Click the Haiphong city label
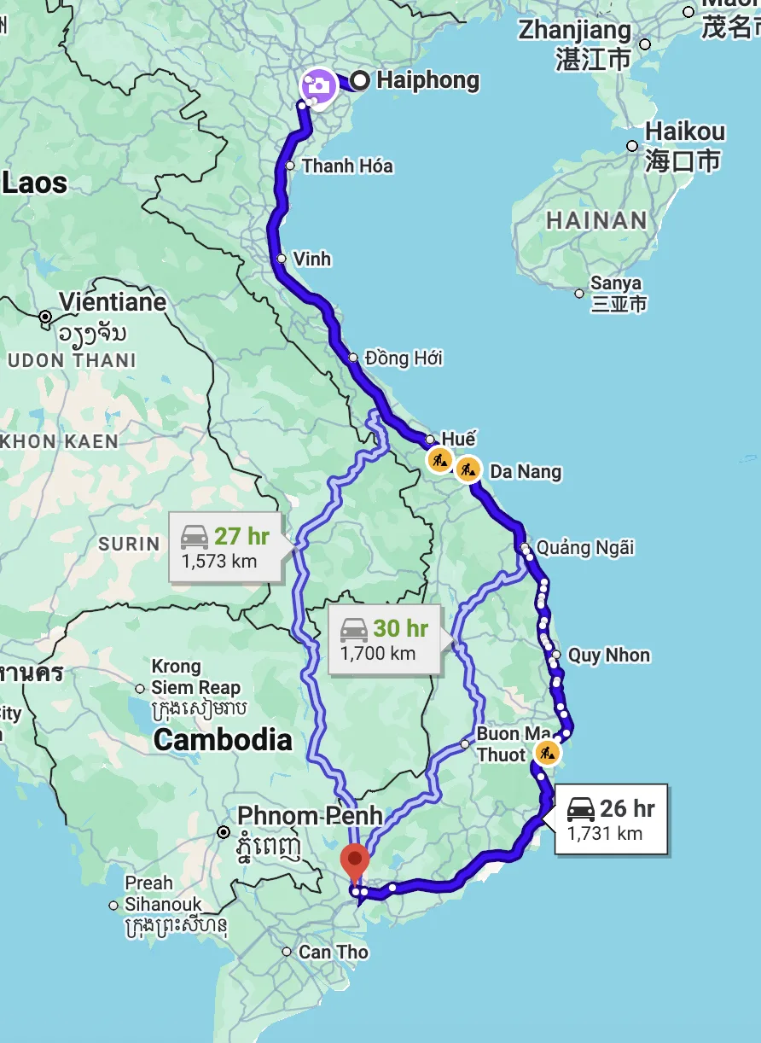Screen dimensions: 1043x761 coord(427,81)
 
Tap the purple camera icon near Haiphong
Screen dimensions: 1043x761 coord(318,85)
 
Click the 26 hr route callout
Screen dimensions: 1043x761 coord(610,819)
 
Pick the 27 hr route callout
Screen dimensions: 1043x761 coord(225,547)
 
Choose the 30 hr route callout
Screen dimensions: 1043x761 coord(385,639)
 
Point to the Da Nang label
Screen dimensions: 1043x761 coord(526,471)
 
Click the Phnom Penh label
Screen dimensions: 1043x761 coord(310,816)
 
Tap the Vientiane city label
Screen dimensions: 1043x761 coord(113,302)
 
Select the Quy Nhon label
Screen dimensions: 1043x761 coord(609,656)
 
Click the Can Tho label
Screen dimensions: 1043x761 coord(334,952)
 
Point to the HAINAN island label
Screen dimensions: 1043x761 coord(596,220)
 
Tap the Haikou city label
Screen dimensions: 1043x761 coord(685,132)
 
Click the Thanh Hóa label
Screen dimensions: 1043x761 coord(347,166)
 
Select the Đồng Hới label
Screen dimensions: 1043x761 coord(404,358)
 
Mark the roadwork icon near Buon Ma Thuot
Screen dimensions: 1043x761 coord(546,753)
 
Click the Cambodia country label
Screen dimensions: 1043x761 coord(223,740)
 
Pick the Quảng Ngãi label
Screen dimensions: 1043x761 coord(585,547)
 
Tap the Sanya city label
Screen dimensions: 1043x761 coord(615,283)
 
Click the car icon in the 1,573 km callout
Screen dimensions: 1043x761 coord(195,537)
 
